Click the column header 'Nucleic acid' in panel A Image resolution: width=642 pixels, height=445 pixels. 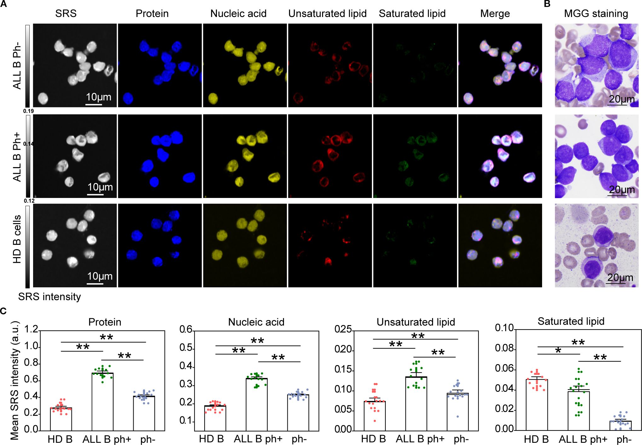pyautogui.click(x=238, y=14)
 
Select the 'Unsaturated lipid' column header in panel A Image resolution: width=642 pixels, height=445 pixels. pyautogui.click(x=327, y=14)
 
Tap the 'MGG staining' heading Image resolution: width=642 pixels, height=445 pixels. pyautogui.click(x=596, y=14)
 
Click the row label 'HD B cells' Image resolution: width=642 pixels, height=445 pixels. pyautogui.click(x=17, y=239)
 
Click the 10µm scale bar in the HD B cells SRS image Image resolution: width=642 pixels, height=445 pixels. pyautogui.click(x=95, y=284)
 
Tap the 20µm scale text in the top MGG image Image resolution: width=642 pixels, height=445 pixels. pyautogui.click(x=622, y=99)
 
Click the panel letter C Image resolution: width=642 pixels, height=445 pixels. pyautogui.click(x=3, y=311)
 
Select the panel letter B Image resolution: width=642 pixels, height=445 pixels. pyautogui.click(x=547, y=4)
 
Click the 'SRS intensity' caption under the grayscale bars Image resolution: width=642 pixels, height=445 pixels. pyautogui.click(x=49, y=297)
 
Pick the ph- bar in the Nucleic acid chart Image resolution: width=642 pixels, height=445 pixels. pyautogui.click(x=298, y=412)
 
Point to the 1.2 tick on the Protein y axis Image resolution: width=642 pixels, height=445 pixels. pyautogui.click(x=31, y=329)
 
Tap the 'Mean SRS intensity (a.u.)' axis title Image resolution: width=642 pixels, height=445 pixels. pyautogui.click(x=14, y=380)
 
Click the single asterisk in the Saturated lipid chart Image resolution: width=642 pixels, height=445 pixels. pyautogui.click(x=558, y=351)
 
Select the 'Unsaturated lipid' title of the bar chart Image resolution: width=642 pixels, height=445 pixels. pyautogui.click(x=416, y=322)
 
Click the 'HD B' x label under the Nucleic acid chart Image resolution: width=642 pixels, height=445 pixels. pyautogui.click(x=211, y=439)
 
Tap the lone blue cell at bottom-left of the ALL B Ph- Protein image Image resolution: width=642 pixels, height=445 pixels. pyautogui.click(x=128, y=98)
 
